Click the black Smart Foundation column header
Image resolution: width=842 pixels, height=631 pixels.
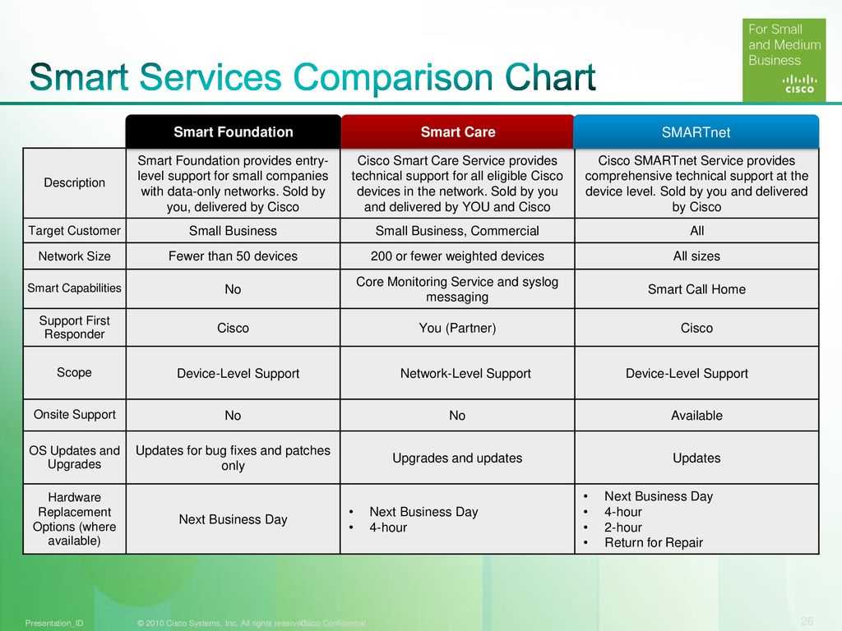point(233,131)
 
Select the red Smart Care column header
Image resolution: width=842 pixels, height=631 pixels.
point(458,131)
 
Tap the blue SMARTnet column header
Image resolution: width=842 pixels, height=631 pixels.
point(696,132)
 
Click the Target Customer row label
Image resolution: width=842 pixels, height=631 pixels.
point(74,231)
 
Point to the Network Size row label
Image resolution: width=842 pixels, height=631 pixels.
point(74,256)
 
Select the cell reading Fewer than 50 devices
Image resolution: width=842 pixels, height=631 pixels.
point(233,256)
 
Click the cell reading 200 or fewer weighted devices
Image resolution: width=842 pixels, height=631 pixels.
point(457,256)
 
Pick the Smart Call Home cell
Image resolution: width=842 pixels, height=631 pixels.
point(696,289)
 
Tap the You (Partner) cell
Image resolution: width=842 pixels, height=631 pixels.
point(457,328)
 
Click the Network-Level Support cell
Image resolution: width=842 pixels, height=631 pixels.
point(465,374)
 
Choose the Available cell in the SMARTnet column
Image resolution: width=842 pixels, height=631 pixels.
point(696,416)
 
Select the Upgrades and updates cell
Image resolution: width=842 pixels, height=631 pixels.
point(457,458)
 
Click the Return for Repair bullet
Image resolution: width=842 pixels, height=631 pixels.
point(654,543)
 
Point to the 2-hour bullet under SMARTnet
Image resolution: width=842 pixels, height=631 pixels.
point(622,527)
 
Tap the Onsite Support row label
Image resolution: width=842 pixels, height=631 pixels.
point(74,415)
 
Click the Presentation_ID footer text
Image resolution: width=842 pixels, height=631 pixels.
point(54,624)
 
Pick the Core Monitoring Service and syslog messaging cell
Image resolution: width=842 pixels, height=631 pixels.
point(457,289)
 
